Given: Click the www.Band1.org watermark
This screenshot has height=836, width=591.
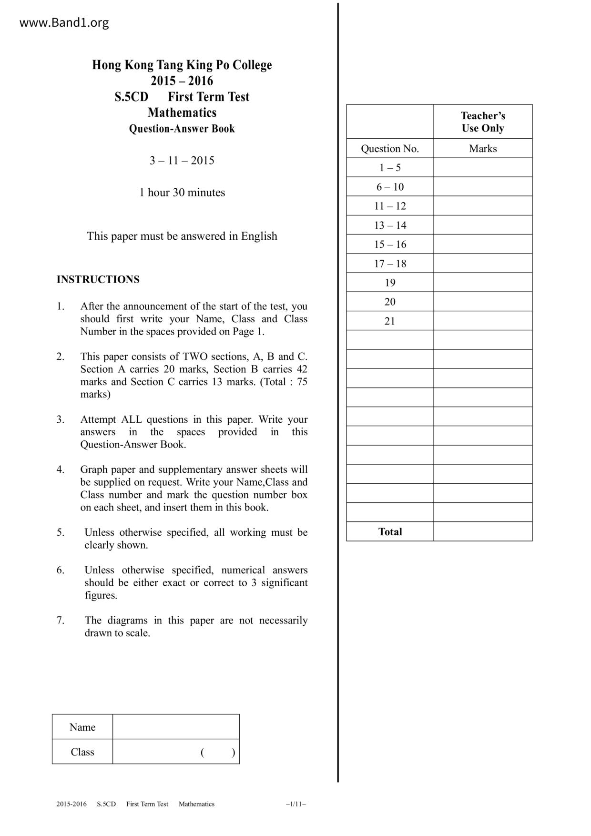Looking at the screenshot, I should tap(64, 22).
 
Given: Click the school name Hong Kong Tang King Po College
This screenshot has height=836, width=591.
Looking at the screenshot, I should tap(182, 65).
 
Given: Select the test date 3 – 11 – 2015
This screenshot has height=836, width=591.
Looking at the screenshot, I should tap(182, 161).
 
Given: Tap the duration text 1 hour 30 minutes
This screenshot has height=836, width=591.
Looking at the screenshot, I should tap(182, 193).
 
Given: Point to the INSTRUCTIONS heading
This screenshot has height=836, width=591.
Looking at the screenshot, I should tap(98, 279).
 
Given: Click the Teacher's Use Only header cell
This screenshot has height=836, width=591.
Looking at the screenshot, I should tap(482, 122).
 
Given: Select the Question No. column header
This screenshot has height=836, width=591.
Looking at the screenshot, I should tap(389, 149).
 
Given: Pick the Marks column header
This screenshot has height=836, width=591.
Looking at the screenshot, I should tap(482, 149).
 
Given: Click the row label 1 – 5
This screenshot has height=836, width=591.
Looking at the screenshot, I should tap(389, 168).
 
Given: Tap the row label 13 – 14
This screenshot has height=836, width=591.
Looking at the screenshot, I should tap(389, 225).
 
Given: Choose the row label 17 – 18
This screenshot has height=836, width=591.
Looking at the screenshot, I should tap(389, 264).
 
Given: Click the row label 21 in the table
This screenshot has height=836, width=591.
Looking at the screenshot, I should tap(389, 321).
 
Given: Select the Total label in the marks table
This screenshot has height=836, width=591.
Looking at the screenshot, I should tap(389, 532).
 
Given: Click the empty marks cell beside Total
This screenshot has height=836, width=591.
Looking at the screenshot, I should tap(482, 532).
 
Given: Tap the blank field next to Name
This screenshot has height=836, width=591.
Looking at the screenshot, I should tap(176, 727).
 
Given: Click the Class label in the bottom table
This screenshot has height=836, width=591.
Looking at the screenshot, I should tap(82, 752).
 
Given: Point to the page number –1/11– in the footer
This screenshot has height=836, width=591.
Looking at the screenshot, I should tap(295, 804).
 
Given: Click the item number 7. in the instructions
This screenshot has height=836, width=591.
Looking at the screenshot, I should tap(61, 621).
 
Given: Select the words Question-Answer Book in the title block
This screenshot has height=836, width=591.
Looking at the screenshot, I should tap(182, 129).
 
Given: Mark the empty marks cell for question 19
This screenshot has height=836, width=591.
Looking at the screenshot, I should tap(482, 283).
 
